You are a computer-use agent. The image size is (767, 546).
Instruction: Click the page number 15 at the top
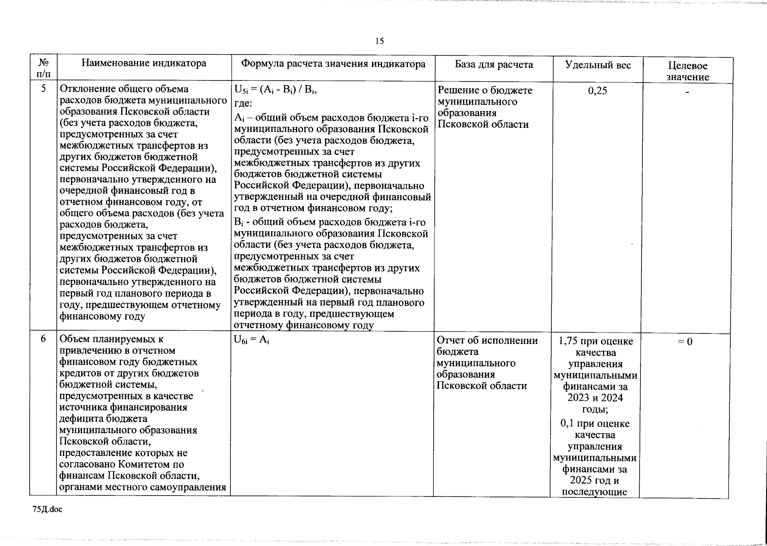click(379, 41)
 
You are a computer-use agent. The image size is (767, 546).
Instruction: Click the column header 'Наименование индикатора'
click(144, 64)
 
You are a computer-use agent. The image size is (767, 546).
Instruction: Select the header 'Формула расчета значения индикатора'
click(333, 64)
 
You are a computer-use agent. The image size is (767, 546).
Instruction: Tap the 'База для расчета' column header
click(494, 65)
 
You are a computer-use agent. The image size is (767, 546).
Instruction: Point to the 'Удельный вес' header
click(598, 65)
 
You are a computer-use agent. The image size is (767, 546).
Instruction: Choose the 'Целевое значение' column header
click(687, 71)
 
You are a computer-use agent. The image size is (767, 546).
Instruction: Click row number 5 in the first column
click(43, 89)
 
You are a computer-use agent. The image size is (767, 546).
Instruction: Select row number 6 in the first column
click(43, 339)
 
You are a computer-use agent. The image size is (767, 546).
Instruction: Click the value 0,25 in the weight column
click(597, 91)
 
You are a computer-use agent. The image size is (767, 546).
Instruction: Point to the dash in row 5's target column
click(688, 92)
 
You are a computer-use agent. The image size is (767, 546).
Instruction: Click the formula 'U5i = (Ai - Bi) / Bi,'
click(275, 90)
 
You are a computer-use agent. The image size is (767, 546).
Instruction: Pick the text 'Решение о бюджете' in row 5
click(484, 90)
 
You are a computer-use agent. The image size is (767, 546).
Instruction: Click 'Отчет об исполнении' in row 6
click(487, 340)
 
